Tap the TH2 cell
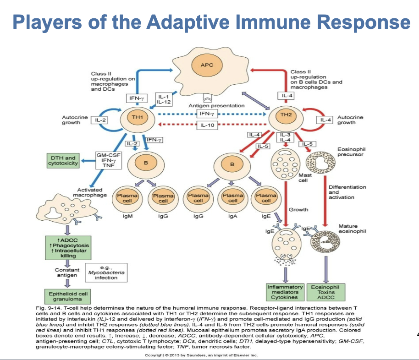(287, 115)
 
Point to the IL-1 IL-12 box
(164, 99)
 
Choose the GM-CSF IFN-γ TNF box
(108, 160)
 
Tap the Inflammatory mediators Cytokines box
(285, 292)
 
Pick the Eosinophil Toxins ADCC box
(326, 292)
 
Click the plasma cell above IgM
(124, 198)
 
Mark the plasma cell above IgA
(232, 198)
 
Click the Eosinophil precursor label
(350, 152)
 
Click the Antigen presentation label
(216, 106)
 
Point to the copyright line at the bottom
(201, 355)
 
